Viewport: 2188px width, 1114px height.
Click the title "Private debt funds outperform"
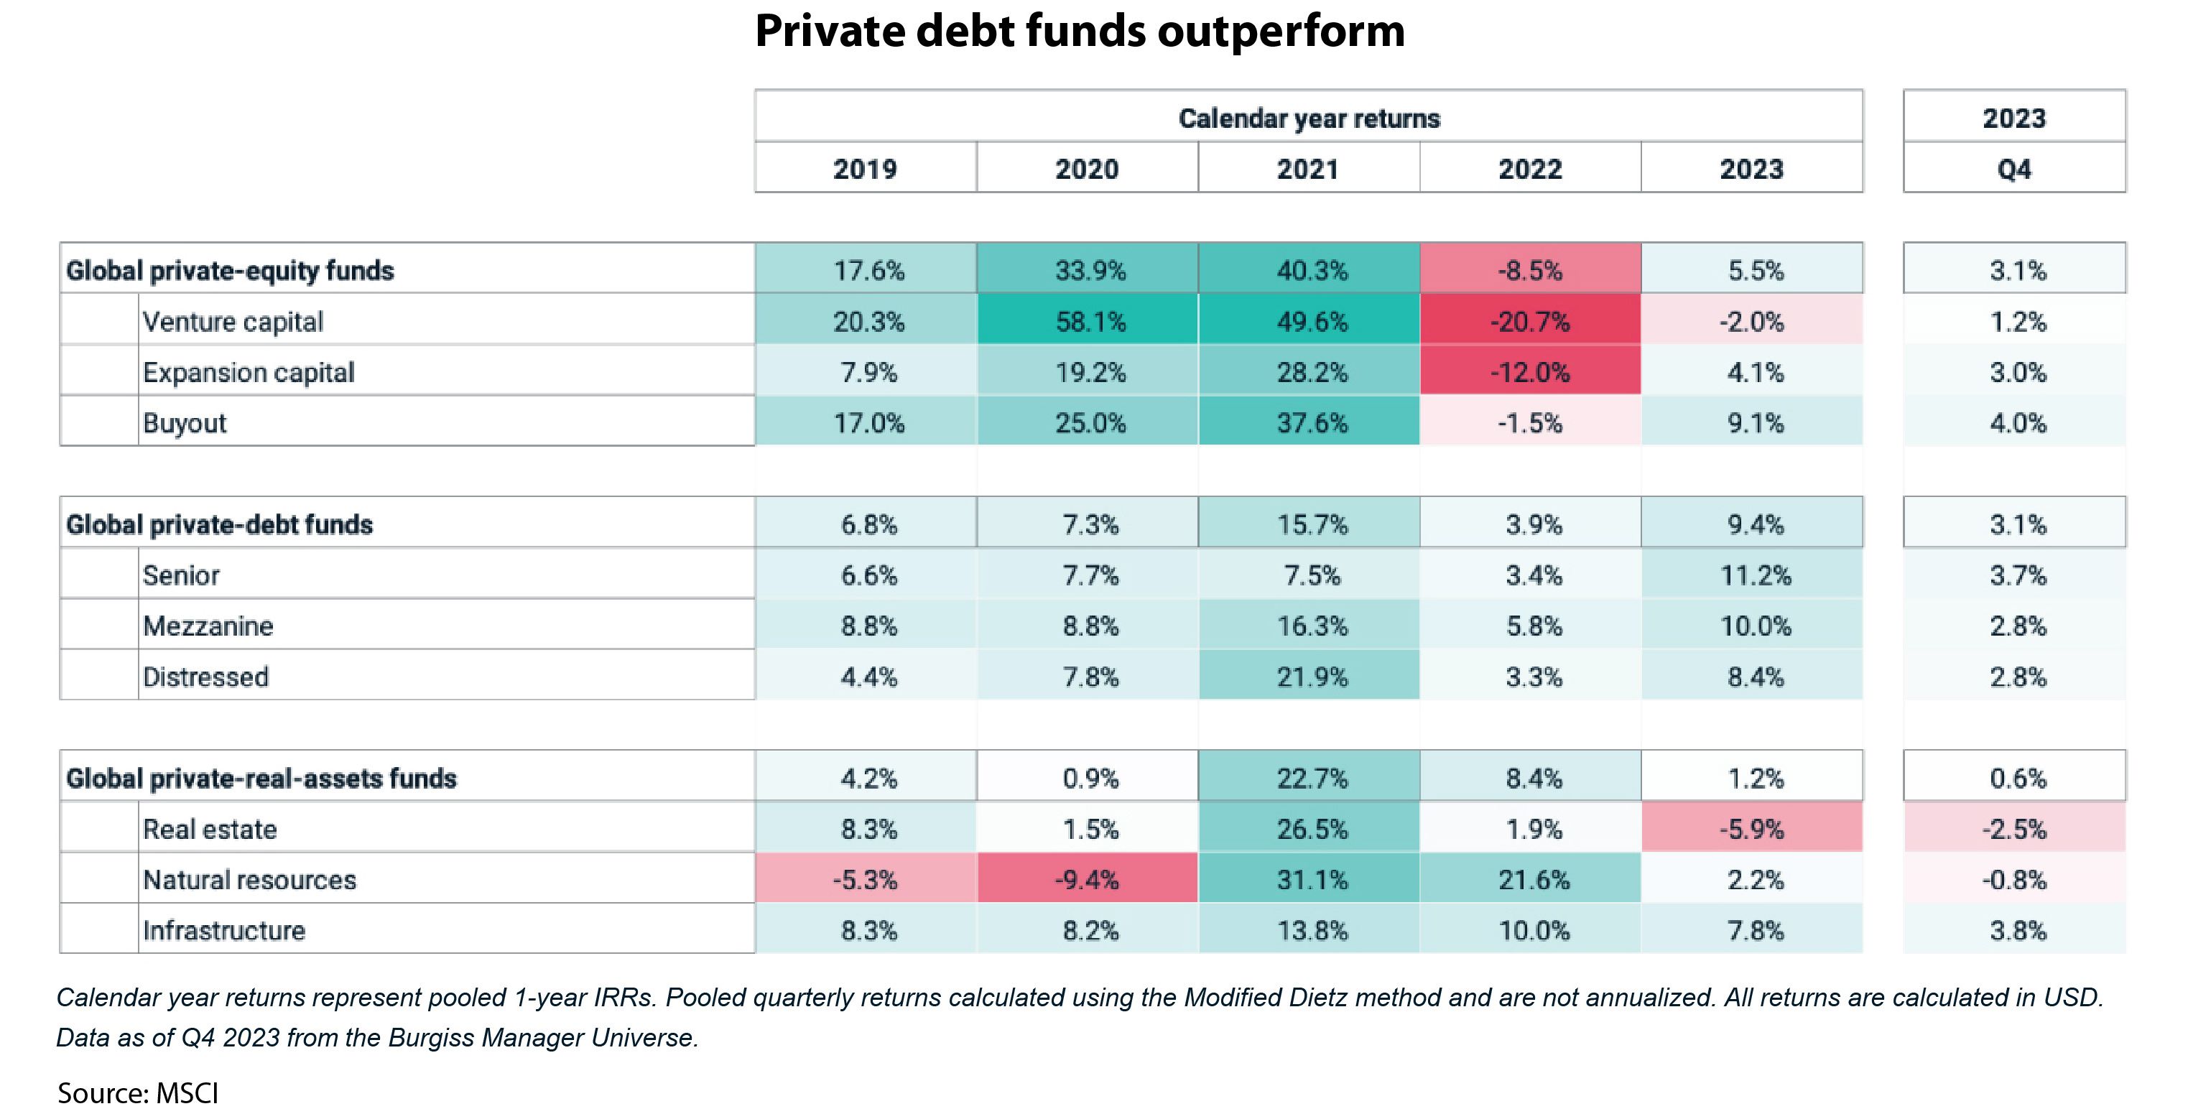(x=1080, y=32)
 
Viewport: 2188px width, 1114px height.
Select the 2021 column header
(x=1308, y=169)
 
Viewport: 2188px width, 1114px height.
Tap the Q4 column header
(x=2014, y=169)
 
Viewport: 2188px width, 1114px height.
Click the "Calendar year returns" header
(x=1309, y=118)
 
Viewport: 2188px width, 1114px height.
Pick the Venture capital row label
(x=233, y=322)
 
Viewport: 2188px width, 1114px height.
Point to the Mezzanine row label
(x=208, y=626)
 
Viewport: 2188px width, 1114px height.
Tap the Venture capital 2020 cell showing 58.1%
(x=1090, y=322)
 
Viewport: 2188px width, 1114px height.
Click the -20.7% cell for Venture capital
(x=1530, y=322)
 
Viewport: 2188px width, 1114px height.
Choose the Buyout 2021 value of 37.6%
(x=1312, y=423)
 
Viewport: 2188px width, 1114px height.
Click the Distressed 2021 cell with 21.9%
(x=1312, y=677)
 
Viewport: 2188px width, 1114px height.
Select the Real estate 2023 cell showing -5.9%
(x=1751, y=829)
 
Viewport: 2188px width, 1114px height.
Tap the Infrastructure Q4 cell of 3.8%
(x=2017, y=931)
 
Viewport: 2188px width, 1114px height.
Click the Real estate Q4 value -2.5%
(x=2014, y=829)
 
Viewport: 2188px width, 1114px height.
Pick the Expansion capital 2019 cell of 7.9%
(x=868, y=373)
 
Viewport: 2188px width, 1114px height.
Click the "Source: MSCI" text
(x=138, y=1092)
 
